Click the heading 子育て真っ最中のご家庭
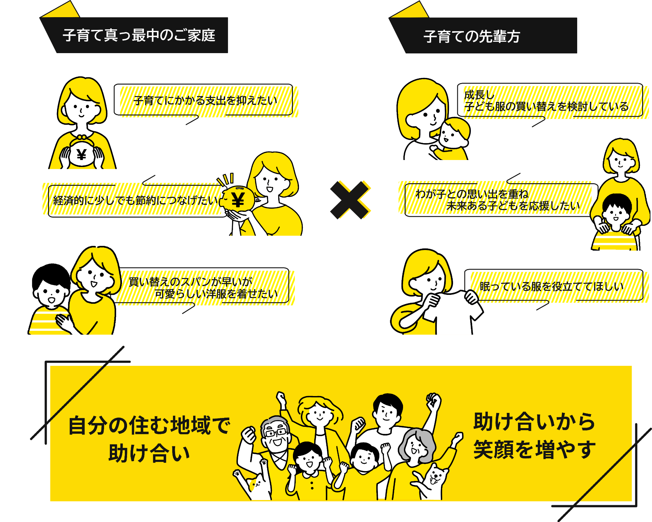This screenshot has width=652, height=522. [x=139, y=35]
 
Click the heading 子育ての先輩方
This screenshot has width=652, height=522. [x=472, y=36]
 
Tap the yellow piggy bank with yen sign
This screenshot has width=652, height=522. [x=238, y=199]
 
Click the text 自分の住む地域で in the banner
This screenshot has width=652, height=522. [x=149, y=425]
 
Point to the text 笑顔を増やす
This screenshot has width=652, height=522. [x=534, y=449]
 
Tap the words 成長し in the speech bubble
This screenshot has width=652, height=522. [x=479, y=94]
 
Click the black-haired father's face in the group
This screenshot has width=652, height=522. [x=387, y=414]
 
